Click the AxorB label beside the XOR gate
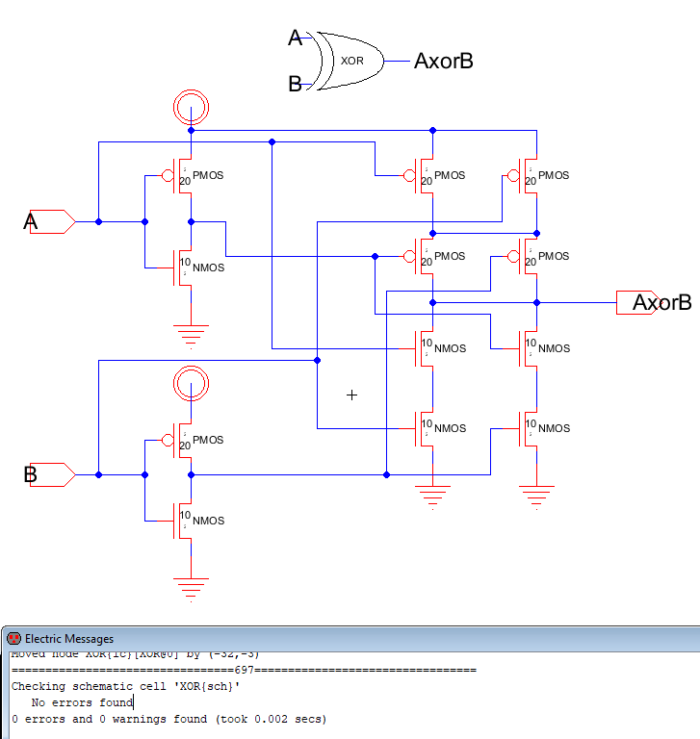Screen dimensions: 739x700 (443, 62)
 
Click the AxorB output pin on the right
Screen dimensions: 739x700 (637, 302)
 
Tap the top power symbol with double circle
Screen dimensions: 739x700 (191, 108)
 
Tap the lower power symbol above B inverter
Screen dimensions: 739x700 (191, 384)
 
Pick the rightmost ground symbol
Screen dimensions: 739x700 (536, 497)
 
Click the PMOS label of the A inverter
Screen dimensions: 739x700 (208, 176)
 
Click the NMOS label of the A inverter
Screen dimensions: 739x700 (208, 268)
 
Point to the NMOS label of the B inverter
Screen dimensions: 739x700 (208, 521)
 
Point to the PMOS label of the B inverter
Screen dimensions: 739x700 (208, 440)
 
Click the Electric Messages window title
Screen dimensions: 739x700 (68, 638)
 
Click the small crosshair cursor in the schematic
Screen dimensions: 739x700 (351, 395)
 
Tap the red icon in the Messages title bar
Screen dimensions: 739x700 (13, 638)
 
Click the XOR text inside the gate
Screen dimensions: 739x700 (351, 60)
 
